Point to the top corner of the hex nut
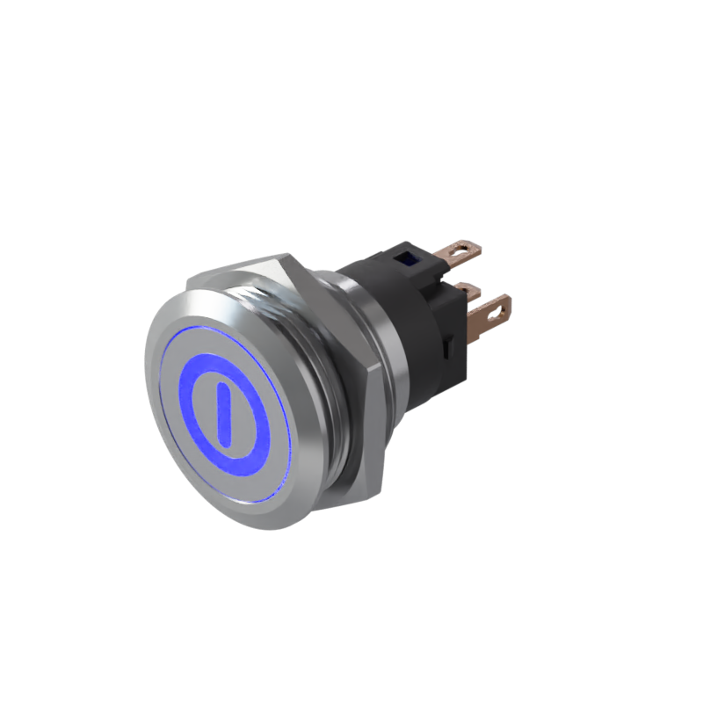pos(286,256)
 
